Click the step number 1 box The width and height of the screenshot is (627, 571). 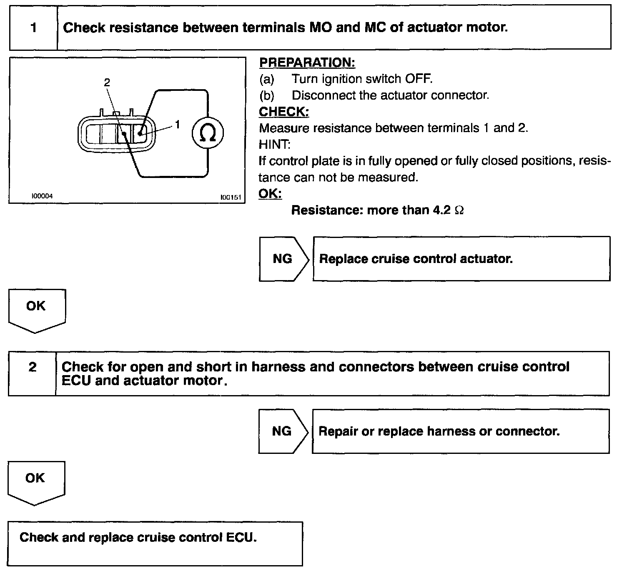click(x=33, y=28)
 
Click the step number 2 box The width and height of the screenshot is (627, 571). click(x=32, y=368)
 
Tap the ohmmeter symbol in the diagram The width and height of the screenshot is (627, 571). click(x=208, y=133)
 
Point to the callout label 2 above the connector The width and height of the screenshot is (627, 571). click(x=107, y=83)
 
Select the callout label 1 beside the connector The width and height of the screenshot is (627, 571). click(x=177, y=124)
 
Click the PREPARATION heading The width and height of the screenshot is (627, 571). click(x=307, y=63)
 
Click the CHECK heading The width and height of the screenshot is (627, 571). click(x=284, y=112)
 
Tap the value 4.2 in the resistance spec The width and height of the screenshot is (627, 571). click(x=442, y=210)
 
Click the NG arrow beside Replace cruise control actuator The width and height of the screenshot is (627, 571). click(x=283, y=259)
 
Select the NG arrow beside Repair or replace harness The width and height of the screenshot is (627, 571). click(x=283, y=431)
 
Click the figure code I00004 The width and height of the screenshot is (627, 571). click(x=43, y=196)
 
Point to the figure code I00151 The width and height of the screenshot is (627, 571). click(x=231, y=197)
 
